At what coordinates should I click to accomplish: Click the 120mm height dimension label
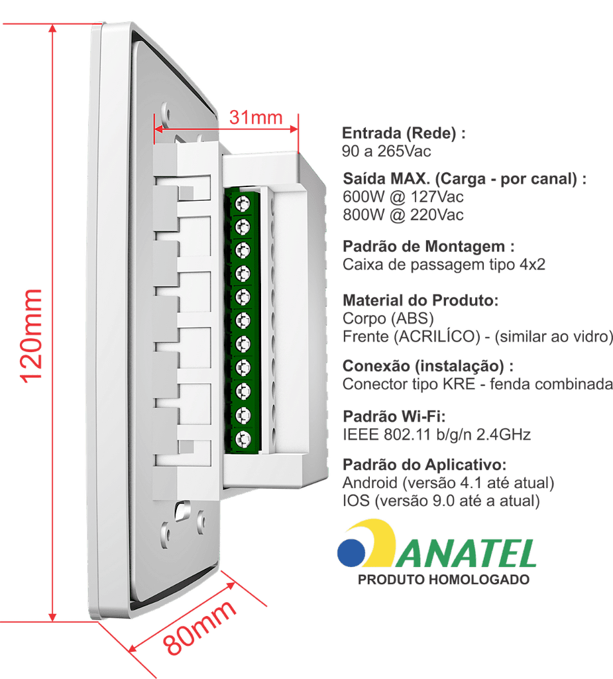[32, 336]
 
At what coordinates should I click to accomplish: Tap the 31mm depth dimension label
[256, 117]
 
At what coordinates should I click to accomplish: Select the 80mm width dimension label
[199, 628]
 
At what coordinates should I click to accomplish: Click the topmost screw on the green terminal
[243, 203]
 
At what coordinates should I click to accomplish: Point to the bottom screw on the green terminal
[243, 439]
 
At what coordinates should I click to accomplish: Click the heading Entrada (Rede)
[404, 133]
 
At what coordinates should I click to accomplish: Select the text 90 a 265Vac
[386, 151]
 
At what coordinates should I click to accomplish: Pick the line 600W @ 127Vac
[403, 197]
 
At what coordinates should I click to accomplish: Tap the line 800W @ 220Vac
[403, 215]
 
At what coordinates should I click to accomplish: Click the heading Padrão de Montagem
[429, 247]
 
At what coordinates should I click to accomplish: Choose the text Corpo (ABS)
[388, 319]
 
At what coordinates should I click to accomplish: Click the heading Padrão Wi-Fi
[394, 416]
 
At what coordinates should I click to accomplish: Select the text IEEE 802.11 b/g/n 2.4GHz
[436, 434]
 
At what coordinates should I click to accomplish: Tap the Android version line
[448, 483]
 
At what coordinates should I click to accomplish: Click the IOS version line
[441, 501]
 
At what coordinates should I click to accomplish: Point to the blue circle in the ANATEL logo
[351, 552]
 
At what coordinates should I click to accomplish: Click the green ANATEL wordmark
[467, 554]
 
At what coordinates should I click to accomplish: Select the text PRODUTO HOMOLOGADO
[443, 580]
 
